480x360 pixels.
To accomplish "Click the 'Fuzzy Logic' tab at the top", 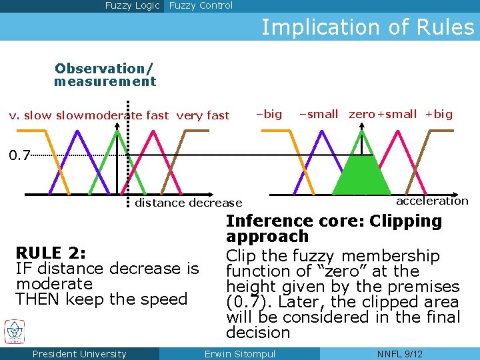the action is [132, 6].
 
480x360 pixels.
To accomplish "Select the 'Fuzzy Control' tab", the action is [201, 6].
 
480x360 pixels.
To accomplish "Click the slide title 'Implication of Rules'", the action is [367, 27].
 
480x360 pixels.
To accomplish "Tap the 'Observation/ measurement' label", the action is [105, 75].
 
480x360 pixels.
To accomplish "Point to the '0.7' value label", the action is [19, 156].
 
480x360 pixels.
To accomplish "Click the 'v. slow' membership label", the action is [29, 115].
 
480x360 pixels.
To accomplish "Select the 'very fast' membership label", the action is [203, 115].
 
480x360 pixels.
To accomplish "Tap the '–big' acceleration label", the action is [269, 114].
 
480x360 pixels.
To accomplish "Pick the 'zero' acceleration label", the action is [362, 114].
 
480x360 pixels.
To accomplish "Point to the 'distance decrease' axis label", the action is [189, 203].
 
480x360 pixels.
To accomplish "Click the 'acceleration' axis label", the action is [432, 201].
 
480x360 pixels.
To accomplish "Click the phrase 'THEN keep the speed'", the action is [101, 299].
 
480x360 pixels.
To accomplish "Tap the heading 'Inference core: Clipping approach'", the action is [333, 229].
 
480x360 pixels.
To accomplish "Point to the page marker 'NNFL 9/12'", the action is [399, 354].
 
